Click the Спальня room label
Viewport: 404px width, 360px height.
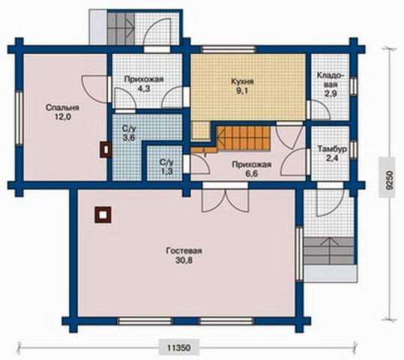coord(62,107)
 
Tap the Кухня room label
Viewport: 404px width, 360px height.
coord(242,82)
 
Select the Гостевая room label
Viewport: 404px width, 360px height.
coord(184,250)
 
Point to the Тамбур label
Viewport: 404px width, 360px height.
coord(332,149)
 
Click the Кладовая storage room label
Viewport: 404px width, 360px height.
coord(331,79)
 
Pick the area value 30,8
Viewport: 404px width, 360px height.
coord(184,260)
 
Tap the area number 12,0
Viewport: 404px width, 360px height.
coord(62,117)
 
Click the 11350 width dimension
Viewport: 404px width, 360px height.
coord(179,348)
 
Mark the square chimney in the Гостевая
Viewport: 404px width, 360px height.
coord(103,214)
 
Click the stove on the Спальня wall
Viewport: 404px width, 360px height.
coord(105,149)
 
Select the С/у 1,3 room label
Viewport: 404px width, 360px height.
coord(166,166)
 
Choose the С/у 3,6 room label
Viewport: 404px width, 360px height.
coord(129,133)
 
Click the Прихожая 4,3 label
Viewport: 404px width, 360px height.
coord(144,84)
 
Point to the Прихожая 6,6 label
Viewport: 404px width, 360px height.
coord(252,169)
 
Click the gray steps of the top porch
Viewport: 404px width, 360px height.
coord(121,28)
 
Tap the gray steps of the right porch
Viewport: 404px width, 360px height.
coord(329,251)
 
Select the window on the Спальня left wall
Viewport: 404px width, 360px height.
coord(19,118)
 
